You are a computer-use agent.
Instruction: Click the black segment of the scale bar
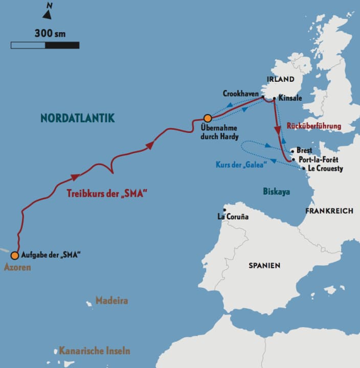(x=62, y=45)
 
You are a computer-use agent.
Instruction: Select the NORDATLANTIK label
(x=78, y=118)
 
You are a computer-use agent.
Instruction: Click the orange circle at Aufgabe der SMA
(x=15, y=255)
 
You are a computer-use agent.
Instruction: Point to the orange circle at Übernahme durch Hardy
(x=207, y=118)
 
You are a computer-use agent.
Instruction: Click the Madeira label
(x=111, y=301)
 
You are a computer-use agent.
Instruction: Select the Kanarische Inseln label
(x=94, y=351)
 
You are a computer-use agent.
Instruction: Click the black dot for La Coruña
(x=224, y=210)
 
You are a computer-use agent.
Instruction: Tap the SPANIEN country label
(x=264, y=265)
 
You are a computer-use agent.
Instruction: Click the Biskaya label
(x=276, y=191)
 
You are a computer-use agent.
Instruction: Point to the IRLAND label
(x=281, y=79)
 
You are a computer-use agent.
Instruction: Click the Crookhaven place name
(x=240, y=94)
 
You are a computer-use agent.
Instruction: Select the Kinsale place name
(x=291, y=99)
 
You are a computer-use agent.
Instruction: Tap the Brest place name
(x=304, y=151)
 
